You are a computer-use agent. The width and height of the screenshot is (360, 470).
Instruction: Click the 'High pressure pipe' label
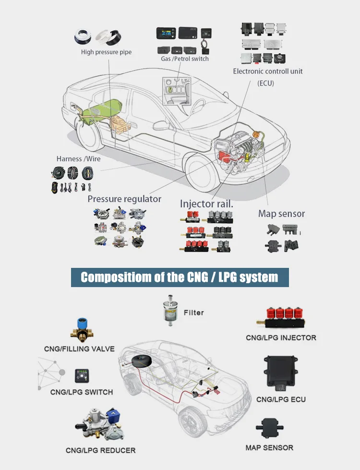point(106,52)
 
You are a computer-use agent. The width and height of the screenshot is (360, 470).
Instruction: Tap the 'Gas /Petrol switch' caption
point(185,59)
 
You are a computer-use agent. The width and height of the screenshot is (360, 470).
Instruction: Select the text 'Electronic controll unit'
point(268,72)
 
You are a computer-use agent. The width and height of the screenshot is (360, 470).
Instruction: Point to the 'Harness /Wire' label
point(76,159)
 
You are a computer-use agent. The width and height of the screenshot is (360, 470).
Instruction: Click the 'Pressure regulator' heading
point(124,199)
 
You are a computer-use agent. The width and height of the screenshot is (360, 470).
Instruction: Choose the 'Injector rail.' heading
point(206,204)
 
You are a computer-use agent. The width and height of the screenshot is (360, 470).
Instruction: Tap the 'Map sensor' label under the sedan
point(281,214)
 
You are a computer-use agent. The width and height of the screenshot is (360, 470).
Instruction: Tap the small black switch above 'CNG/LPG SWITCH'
point(80,375)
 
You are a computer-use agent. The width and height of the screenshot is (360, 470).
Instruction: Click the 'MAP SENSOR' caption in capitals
point(269,447)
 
